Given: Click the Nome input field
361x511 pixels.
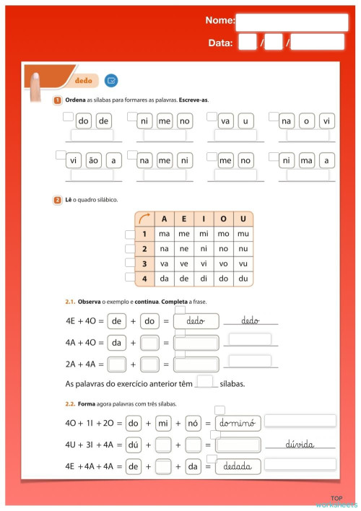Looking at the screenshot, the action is pyautogui.click(x=292, y=22).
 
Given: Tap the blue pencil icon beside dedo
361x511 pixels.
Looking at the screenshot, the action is pyautogui.click(x=110, y=80).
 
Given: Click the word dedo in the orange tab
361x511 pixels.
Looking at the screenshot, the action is pyautogui.click(x=84, y=80).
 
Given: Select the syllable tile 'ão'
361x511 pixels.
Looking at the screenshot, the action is pyautogui.click(x=94, y=161).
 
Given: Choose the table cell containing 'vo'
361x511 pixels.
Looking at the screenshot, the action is pyautogui.click(x=223, y=263).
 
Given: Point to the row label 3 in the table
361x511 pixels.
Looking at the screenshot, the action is pyautogui.click(x=144, y=263).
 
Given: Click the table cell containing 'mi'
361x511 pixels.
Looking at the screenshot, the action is pyautogui.click(x=204, y=234).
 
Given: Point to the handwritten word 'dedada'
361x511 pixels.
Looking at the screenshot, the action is pyautogui.click(x=237, y=466).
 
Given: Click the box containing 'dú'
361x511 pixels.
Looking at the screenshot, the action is pyautogui.click(x=133, y=445).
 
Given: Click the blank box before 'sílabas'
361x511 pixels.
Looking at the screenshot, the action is pyautogui.click(x=205, y=383).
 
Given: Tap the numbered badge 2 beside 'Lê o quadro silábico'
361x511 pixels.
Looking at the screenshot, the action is pyautogui.click(x=57, y=200).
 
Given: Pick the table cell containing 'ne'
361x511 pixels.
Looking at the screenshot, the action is pyautogui.click(x=184, y=249).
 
